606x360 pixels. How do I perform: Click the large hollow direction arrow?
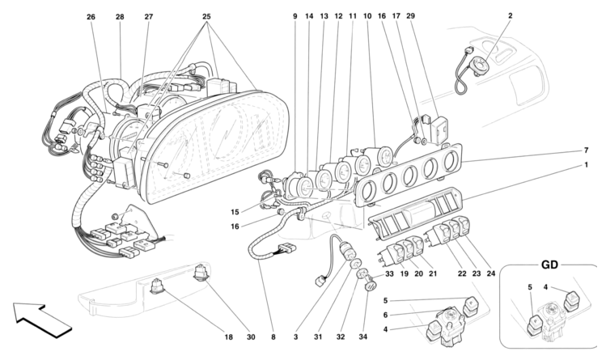(41, 319)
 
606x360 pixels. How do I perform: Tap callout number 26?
(91, 16)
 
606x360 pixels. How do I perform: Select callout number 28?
(120, 16)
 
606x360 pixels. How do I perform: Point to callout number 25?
(206, 16)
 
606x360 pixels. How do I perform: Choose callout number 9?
(295, 16)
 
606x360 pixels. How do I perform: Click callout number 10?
(367, 16)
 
